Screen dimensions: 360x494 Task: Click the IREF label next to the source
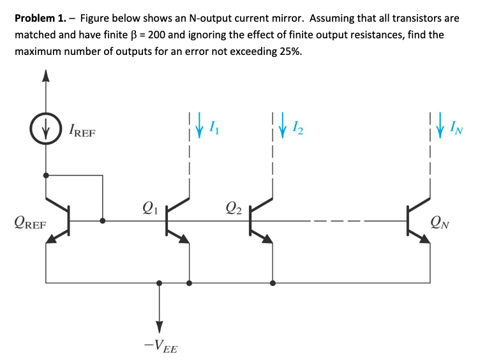click(x=80, y=132)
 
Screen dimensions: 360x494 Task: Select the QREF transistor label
click(x=29, y=225)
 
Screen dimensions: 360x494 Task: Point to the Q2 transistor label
click(x=234, y=206)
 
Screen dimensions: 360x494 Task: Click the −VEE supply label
click(x=160, y=347)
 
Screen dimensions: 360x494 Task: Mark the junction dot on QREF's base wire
click(x=103, y=221)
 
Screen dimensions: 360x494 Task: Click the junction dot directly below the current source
click(x=45, y=173)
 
